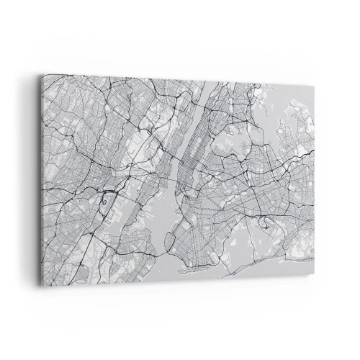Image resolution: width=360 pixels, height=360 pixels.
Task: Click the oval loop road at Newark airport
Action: pos(107,188)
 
